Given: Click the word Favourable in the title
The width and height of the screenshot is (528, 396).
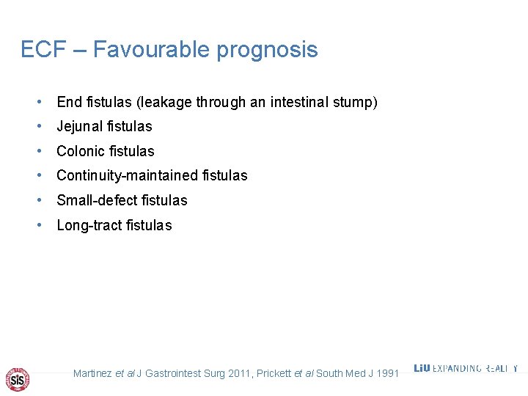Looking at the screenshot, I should [152, 50].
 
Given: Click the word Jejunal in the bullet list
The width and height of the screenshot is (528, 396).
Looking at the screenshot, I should [79, 127].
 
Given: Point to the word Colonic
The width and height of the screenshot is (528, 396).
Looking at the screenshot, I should [80, 152].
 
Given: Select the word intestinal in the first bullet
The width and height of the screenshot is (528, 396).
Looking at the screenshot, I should [302, 102].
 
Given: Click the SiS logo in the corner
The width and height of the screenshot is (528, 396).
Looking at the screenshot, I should [17, 379].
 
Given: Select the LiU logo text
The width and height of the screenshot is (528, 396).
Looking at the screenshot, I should [422, 368].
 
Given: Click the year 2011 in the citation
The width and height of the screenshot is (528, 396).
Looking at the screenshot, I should [240, 374].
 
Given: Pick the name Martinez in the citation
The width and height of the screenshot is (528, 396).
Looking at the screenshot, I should [92, 374].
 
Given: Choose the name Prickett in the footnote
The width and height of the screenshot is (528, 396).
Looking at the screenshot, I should [274, 374].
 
